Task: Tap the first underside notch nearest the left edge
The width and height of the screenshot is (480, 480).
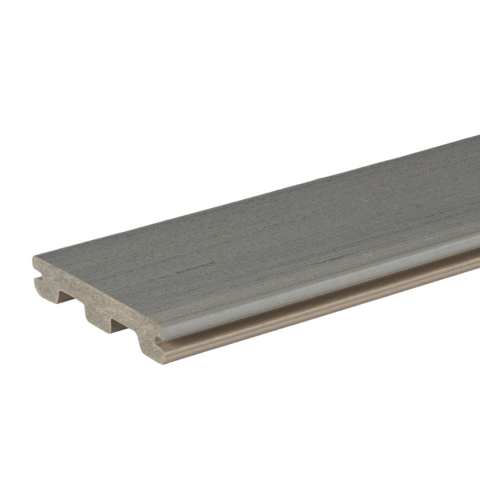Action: click(69, 298)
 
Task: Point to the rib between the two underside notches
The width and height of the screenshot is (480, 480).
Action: click(95, 314)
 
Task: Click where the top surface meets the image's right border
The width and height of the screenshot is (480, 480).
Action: click(478, 192)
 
